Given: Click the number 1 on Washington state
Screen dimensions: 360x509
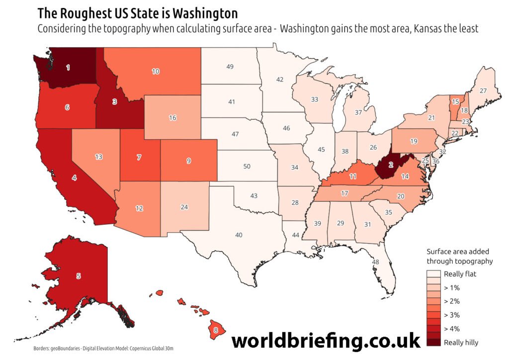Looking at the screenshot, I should tap(68, 67).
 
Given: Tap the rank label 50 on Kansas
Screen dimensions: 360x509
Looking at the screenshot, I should tap(247, 166).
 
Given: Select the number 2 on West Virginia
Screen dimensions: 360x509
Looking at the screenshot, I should tap(391, 165).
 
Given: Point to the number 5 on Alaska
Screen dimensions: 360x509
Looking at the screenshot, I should tap(78, 275).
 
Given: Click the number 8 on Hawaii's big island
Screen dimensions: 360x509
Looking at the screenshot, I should tap(215, 330).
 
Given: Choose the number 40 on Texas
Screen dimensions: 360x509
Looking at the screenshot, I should tap(239, 235).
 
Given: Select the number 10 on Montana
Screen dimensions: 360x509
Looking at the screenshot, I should tap(156, 72).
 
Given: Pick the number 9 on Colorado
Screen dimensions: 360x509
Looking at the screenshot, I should tap(188, 161).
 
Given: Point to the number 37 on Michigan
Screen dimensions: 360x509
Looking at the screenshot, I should tap(358, 112).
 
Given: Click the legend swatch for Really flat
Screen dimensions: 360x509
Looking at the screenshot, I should tap(433, 274).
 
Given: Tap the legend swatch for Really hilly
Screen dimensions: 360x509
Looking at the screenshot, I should tap(433, 342).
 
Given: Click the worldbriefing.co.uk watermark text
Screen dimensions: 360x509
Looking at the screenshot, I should tap(326, 342).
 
